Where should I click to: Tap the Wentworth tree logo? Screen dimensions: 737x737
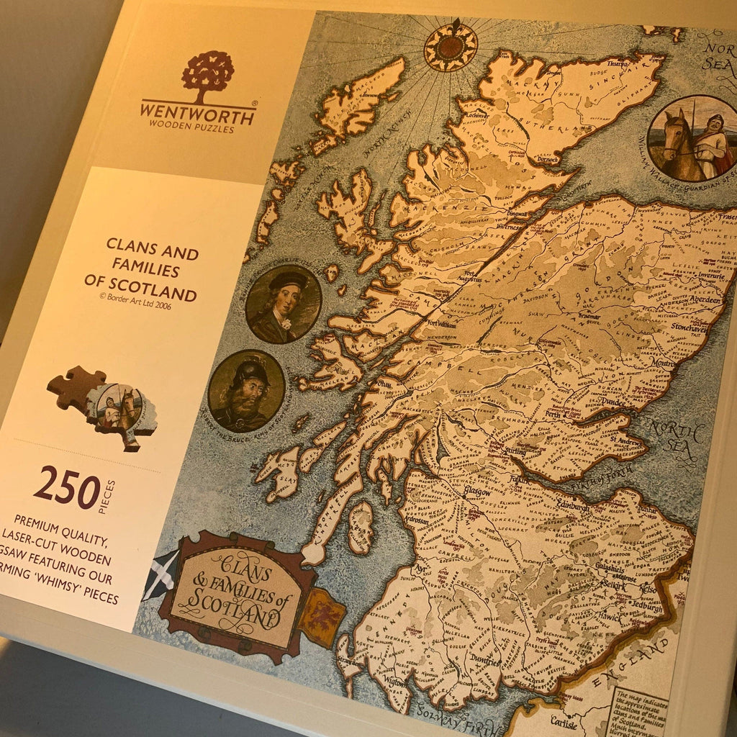point(208,74)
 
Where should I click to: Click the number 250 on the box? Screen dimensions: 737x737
point(66,487)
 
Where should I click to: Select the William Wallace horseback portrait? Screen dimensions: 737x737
point(692,138)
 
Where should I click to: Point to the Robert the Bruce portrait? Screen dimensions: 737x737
point(246,392)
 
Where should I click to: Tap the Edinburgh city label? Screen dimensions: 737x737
point(571,507)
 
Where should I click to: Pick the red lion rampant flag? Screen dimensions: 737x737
point(322,616)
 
